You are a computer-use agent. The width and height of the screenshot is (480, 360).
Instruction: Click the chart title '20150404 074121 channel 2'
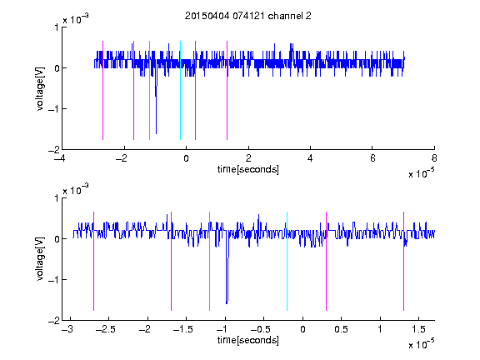(248, 16)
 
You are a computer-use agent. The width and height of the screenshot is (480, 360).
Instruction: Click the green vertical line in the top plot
(149, 90)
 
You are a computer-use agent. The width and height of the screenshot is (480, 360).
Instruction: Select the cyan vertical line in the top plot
(180, 90)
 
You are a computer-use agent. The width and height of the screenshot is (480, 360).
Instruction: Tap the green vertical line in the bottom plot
(209, 261)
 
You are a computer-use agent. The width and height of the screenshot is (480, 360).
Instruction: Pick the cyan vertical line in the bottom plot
(287, 261)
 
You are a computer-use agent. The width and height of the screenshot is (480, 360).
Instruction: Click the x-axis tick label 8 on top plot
(434, 158)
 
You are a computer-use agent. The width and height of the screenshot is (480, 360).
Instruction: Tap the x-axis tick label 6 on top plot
(372, 158)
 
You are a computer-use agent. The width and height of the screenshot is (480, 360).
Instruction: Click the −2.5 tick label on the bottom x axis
(105, 329)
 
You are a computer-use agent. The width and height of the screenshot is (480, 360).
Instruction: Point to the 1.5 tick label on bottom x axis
(418, 329)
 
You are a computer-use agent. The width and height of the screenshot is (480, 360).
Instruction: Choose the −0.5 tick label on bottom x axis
(260, 329)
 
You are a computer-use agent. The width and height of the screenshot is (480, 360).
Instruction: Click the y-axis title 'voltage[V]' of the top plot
(40, 88)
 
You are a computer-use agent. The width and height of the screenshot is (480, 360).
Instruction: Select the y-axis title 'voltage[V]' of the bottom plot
(40, 258)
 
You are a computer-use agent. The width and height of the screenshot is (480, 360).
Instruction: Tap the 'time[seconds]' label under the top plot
(248, 169)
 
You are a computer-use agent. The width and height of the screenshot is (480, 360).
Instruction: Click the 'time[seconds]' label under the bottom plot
(248, 340)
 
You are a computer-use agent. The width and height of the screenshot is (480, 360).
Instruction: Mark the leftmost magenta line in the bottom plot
(93, 261)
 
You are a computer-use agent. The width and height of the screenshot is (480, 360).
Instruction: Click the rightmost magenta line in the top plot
(227, 90)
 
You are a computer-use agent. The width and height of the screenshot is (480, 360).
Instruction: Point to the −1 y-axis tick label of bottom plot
(53, 279)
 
